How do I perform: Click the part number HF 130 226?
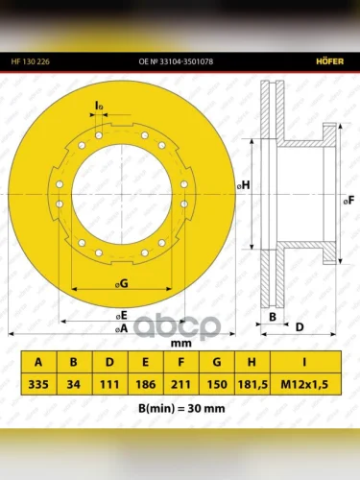(x=31, y=61)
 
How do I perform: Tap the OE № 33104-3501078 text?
(x=176, y=61)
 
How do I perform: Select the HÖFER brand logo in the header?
(x=330, y=61)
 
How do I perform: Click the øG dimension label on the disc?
(x=122, y=283)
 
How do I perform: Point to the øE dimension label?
(x=122, y=316)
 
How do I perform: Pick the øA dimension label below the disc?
(x=121, y=328)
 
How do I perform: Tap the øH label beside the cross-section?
(x=244, y=185)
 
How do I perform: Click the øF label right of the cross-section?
(x=348, y=201)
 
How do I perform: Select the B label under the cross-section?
(x=273, y=317)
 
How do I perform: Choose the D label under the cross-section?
(x=300, y=327)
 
